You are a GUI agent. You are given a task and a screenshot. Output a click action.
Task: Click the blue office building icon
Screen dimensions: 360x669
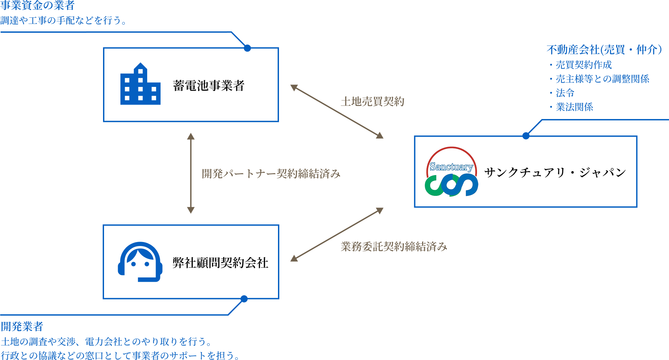tap(140, 84)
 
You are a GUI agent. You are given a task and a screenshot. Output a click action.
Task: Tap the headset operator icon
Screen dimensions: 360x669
tap(140, 262)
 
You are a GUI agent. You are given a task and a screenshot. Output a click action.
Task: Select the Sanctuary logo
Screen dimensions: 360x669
tap(451, 172)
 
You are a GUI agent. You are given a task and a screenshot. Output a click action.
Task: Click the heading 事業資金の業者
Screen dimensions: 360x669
tap(37, 5)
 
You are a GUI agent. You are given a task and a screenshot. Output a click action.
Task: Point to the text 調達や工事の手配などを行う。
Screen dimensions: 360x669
tap(64, 21)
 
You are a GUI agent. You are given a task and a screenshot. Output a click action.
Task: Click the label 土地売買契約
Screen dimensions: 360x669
tap(372, 102)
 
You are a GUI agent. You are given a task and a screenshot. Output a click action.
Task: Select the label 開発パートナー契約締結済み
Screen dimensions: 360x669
tap(271, 174)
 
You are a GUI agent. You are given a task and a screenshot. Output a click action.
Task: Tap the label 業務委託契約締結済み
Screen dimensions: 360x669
tap(394, 247)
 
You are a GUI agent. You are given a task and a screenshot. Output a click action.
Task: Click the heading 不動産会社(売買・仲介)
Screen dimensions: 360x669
tap(604, 50)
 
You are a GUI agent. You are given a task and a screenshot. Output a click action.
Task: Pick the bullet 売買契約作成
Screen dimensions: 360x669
tap(583, 65)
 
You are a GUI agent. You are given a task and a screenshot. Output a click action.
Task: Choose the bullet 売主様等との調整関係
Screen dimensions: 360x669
tap(602, 79)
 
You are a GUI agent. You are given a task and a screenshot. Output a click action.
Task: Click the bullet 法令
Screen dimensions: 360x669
tap(565, 93)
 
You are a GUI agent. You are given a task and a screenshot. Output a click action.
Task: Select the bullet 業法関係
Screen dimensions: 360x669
tap(574, 107)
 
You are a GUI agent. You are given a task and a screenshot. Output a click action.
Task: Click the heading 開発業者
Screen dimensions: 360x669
tap(22, 327)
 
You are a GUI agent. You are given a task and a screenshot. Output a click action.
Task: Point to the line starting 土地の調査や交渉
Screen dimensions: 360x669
tap(106, 342)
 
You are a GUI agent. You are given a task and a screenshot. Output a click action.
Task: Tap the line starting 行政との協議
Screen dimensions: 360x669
tap(120, 355)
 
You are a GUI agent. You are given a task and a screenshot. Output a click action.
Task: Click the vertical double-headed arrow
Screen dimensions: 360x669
tap(191, 173)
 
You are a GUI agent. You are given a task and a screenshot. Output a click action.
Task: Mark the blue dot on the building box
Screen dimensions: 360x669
tap(247, 48)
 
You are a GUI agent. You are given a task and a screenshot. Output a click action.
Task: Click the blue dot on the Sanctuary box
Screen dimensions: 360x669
tap(526, 136)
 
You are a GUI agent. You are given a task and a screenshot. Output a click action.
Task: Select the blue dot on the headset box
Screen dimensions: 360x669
tap(244, 299)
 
